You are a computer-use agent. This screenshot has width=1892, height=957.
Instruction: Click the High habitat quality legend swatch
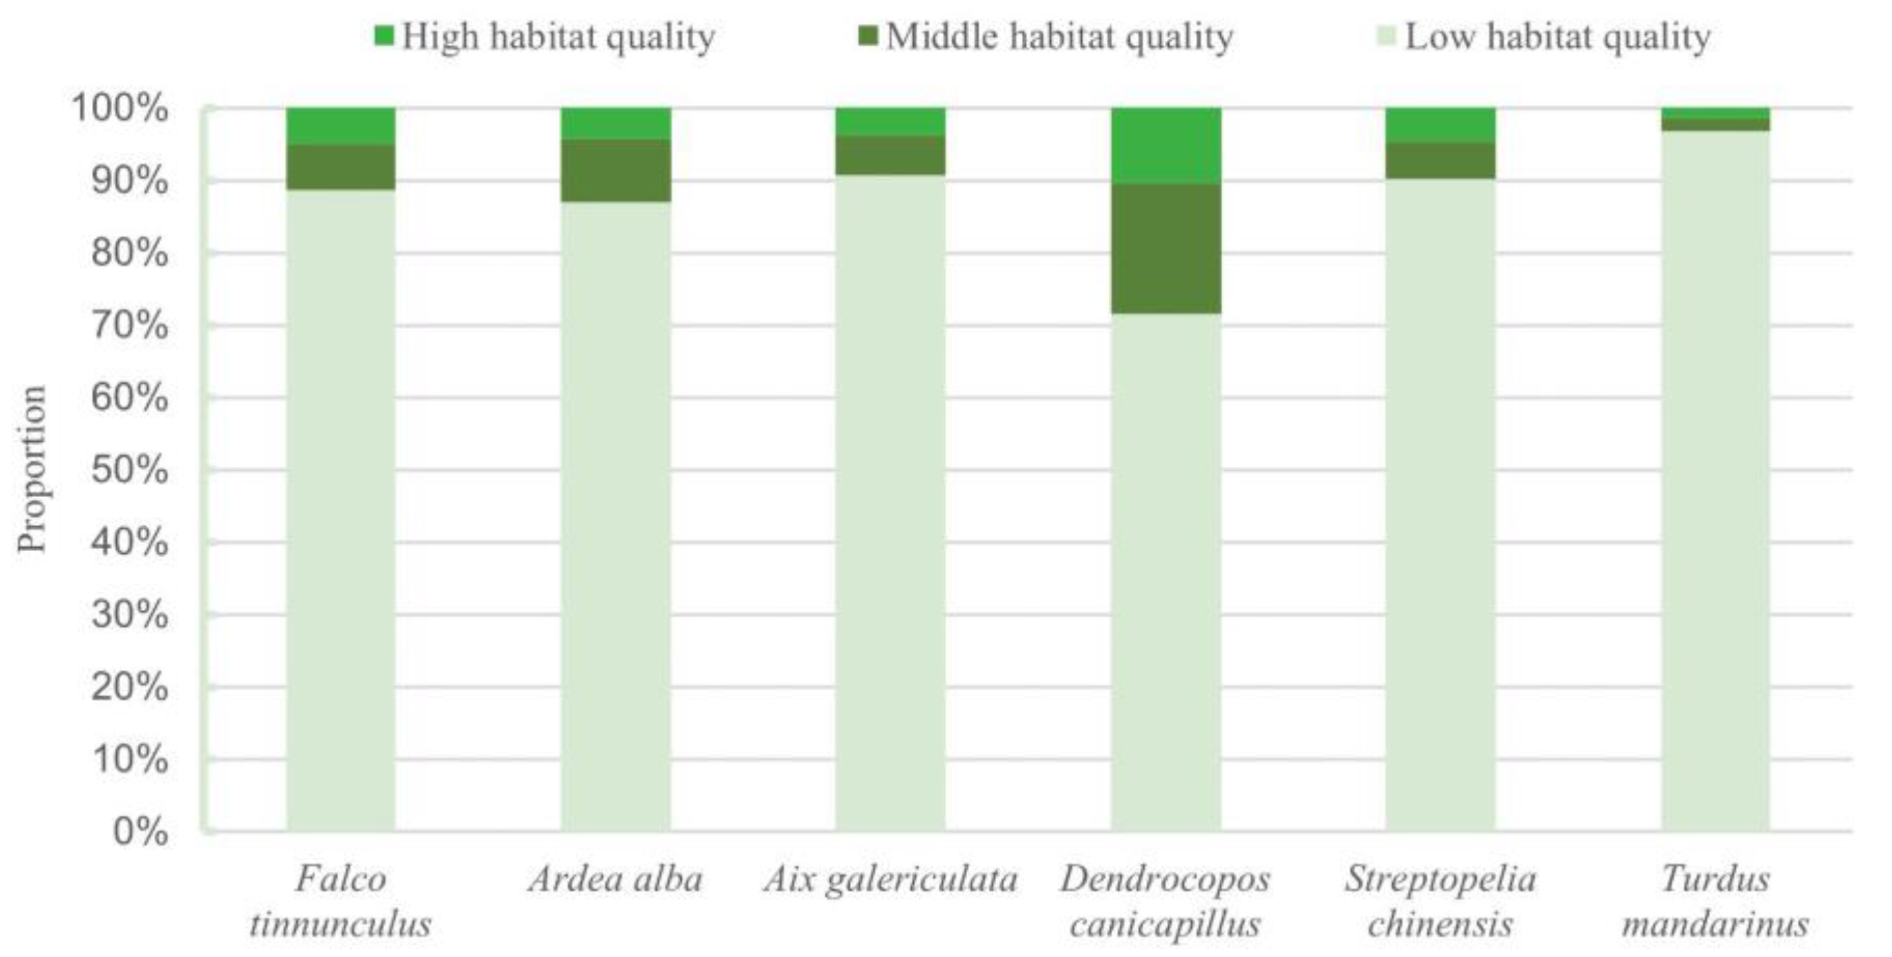[x=384, y=36]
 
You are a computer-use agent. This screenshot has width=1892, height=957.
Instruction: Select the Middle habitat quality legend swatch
[x=868, y=36]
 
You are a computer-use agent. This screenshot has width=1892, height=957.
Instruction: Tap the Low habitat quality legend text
[x=1557, y=36]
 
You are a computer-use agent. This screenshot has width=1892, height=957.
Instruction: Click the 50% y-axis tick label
[x=129, y=470]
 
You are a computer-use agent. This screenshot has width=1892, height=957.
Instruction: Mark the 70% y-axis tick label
[x=129, y=326]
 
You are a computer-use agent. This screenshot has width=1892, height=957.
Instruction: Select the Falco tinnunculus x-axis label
[x=340, y=900]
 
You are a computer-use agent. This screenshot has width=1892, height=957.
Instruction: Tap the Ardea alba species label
[x=615, y=879]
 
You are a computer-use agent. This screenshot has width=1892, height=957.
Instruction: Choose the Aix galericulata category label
[x=890, y=879]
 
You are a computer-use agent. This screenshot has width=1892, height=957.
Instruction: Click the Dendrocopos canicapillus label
[x=1165, y=900]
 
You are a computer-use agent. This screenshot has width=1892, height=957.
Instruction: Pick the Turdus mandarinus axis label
[x=1715, y=900]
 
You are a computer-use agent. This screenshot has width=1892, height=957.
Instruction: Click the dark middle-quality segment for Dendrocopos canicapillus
[x=1165, y=248]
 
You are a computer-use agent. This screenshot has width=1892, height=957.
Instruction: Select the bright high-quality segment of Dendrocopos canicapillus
[x=1165, y=145]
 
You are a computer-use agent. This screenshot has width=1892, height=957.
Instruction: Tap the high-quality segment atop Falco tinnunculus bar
[x=340, y=127]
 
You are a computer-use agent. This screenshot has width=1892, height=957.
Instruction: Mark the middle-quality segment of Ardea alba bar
[x=615, y=169]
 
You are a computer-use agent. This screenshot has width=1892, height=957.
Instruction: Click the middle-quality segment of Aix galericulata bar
[x=890, y=155]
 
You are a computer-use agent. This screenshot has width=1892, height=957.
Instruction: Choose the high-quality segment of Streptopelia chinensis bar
[x=1441, y=125]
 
